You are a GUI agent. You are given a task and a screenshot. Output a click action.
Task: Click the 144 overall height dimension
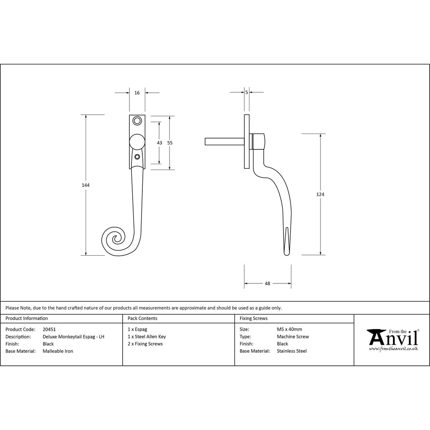(86, 185)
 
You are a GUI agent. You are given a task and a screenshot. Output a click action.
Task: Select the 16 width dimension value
(137, 93)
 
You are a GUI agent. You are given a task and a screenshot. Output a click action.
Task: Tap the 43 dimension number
(159, 143)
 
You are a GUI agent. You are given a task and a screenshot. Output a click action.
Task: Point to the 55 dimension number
(170, 143)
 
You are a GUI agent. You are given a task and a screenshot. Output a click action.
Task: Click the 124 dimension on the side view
(320, 194)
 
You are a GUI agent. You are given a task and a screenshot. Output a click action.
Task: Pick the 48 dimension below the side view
(267, 283)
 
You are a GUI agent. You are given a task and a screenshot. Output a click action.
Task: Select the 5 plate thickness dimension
(246, 93)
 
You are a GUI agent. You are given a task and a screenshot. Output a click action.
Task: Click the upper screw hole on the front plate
(137, 121)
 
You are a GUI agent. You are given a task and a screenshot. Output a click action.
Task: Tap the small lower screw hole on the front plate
(137, 157)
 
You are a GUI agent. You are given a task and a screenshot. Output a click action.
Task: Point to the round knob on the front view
(137, 142)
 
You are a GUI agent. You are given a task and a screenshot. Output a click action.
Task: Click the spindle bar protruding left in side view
(225, 142)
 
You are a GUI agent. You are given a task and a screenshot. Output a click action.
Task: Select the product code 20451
(49, 329)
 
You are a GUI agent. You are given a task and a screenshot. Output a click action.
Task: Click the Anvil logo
(393, 340)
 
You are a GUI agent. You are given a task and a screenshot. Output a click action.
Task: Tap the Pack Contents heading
(142, 318)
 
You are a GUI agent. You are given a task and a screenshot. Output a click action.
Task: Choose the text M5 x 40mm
(289, 329)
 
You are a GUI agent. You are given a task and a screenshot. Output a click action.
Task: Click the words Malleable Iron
(58, 351)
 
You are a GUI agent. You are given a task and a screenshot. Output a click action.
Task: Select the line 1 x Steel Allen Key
(147, 337)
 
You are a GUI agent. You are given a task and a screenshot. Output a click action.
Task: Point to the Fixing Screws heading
(253, 318)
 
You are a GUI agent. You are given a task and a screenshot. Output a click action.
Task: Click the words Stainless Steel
(292, 351)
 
